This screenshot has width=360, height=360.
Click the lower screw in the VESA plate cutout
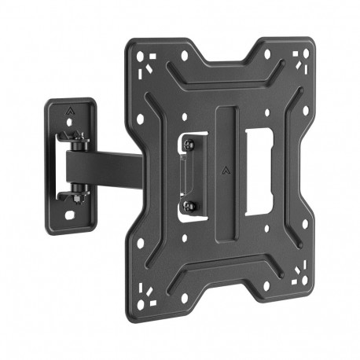[x=189, y=205]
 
